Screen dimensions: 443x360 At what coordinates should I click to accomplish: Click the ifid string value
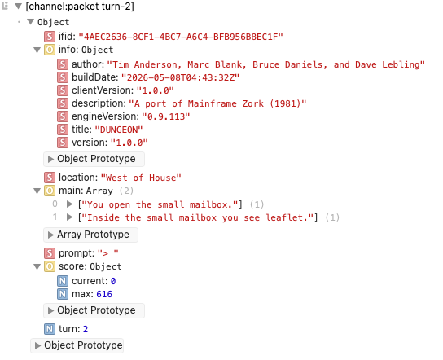(x=181, y=37)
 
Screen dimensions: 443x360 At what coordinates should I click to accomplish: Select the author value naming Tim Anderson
(x=265, y=64)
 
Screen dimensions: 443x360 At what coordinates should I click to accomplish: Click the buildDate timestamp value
(x=180, y=77)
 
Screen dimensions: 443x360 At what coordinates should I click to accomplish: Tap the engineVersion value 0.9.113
(x=166, y=116)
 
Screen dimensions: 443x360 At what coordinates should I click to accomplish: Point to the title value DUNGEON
(x=118, y=130)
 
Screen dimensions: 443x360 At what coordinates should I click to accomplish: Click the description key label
(x=99, y=103)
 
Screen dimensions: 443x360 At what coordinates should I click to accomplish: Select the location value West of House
(x=141, y=178)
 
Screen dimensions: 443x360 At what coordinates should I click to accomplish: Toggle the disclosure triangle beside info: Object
(x=37, y=50)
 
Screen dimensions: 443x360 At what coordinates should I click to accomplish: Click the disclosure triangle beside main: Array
(x=37, y=191)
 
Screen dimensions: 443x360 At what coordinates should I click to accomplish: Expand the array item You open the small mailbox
(x=69, y=204)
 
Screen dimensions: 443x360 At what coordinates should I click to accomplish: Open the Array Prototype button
(x=90, y=235)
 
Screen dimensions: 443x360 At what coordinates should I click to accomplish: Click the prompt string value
(x=108, y=253)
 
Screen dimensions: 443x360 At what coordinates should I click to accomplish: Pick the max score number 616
(x=104, y=294)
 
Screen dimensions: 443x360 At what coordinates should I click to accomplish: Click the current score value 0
(x=113, y=281)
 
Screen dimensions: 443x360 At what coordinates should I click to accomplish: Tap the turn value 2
(x=86, y=329)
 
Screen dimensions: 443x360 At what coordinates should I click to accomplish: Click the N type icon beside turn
(x=50, y=329)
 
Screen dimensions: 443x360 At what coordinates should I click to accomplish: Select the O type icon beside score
(x=50, y=266)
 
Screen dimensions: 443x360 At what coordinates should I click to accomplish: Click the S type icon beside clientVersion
(x=63, y=90)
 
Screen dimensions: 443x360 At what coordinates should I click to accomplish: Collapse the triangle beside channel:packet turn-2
(x=19, y=7)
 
